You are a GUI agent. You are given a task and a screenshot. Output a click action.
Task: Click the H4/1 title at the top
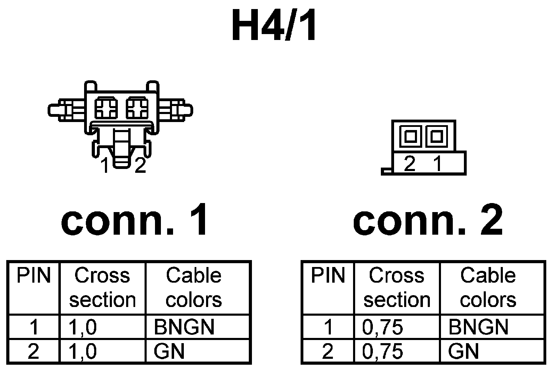click(274, 25)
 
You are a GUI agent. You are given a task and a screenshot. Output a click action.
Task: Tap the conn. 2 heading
click(428, 220)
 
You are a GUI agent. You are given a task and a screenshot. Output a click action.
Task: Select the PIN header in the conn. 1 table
click(34, 275)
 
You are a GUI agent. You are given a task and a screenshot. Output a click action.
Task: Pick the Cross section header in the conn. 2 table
click(396, 288)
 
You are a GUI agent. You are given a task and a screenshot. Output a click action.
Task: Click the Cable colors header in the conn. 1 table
click(194, 288)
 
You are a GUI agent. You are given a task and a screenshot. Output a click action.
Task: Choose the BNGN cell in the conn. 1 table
click(184, 327)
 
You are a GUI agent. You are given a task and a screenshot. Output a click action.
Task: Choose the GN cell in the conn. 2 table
click(463, 351)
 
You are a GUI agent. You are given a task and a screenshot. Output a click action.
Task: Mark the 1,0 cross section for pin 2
click(83, 351)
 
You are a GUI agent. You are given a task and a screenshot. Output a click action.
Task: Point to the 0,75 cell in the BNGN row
click(383, 327)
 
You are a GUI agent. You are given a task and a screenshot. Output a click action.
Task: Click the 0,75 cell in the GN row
click(383, 351)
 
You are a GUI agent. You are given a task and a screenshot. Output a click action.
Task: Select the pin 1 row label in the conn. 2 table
click(328, 327)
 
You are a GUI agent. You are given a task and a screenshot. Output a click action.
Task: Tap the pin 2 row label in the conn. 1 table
click(33, 351)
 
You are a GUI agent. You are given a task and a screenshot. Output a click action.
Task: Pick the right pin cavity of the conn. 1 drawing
click(137, 108)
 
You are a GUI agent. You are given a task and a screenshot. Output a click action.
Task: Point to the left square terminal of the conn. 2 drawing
click(410, 136)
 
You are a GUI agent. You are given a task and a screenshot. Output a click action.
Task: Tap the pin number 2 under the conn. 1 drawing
click(140, 165)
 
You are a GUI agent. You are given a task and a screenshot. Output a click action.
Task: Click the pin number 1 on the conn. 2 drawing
click(438, 163)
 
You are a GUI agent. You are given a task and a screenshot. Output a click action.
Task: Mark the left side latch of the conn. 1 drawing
click(66, 110)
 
